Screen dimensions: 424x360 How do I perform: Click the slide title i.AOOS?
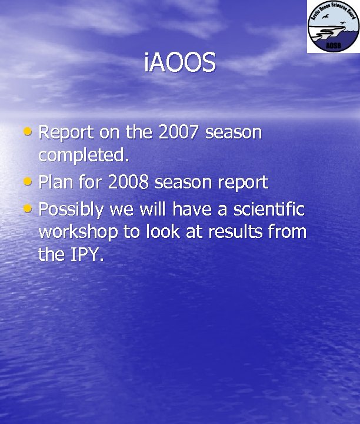[179, 63]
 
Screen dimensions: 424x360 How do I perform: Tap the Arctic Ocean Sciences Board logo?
[332, 26]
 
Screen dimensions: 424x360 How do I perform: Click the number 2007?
[179, 132]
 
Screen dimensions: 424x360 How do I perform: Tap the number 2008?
[128, 183]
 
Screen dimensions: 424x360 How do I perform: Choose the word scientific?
[269, 208]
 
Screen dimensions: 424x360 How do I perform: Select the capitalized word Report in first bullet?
[66, 133]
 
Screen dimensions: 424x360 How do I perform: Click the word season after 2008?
[182, 183]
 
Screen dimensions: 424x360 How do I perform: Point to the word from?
[287, 232]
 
